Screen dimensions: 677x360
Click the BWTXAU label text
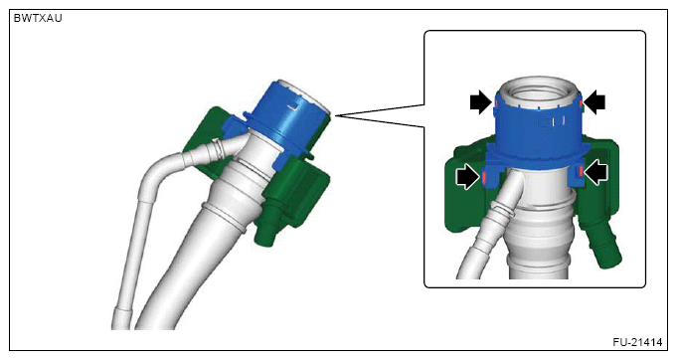coord(38,18)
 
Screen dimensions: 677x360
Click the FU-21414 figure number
coord(637,342)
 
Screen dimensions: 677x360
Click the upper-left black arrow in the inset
coord(481,102)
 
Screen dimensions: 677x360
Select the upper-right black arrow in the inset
coord(594,102)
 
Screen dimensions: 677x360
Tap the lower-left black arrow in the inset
coord(467,176)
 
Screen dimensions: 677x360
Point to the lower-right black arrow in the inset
coord(595,172)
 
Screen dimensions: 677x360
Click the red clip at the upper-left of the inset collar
coord(496,104)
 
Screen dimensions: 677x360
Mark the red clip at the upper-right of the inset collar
coord(580,103)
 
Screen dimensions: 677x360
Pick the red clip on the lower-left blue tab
coord(483,177)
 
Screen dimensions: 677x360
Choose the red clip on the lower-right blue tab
coord(581,172)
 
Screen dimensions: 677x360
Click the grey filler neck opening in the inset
coord(539,91)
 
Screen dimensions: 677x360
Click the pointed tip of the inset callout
coord(335,115)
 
